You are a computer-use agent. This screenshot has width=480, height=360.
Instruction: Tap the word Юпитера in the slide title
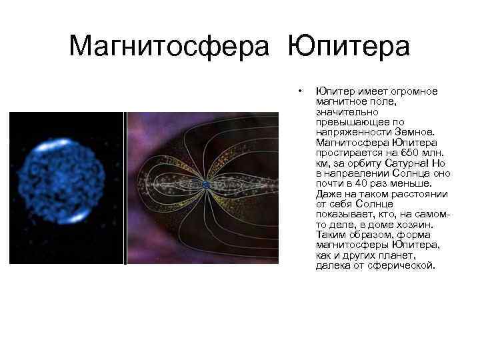tap(349, 46)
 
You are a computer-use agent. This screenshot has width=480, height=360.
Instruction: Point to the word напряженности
tap(348, 132)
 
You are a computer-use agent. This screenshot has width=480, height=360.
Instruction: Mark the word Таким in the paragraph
tap(330, 235)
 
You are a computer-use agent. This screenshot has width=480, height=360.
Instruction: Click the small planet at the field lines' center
tap(207, 185)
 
